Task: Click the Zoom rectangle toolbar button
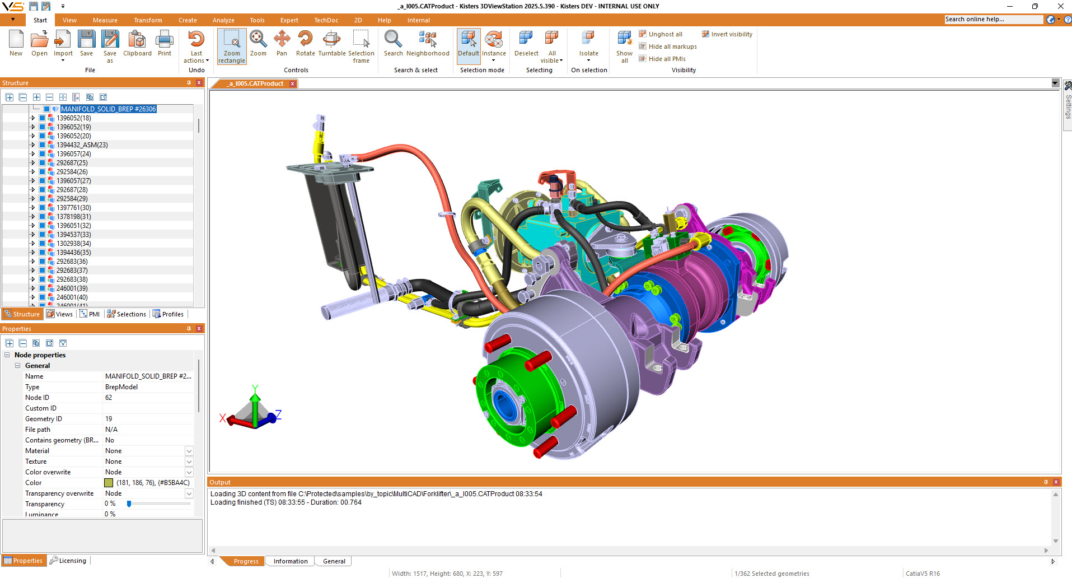[232, 46]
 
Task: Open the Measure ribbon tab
[105, 20]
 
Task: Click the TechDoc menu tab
[326, 20]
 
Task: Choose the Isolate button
[588, 46]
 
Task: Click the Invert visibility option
[727, 34]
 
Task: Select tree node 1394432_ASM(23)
[82, 145]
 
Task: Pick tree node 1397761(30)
[73, 208]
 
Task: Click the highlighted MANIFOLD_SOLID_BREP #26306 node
[109, 109]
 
